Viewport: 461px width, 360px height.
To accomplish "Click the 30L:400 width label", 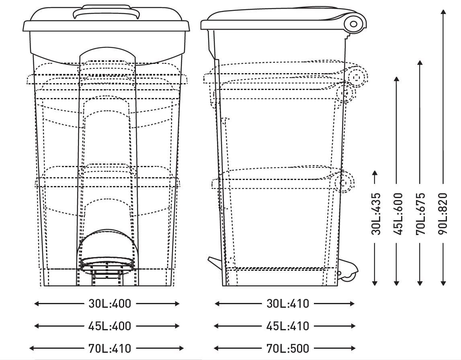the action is click(x=110, y=304).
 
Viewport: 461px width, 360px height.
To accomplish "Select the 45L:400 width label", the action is click(x=110, y=326).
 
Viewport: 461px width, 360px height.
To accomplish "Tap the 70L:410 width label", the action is click(x=110, y=348).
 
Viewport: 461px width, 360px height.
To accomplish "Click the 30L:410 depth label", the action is click(x=288, y=304).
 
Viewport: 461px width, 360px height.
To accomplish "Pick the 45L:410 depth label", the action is click(x=288, y=326).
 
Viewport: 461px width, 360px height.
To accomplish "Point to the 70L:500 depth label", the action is click(x=288, y=348).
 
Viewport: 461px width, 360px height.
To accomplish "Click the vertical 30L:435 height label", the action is click(x=376, y=214).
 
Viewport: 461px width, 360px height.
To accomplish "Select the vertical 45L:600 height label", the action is click(x=397, y=214).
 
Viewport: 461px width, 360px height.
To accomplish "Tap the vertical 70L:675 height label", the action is click(x=420, y=214).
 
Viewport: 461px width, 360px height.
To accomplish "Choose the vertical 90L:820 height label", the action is click(x=443, y=214).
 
